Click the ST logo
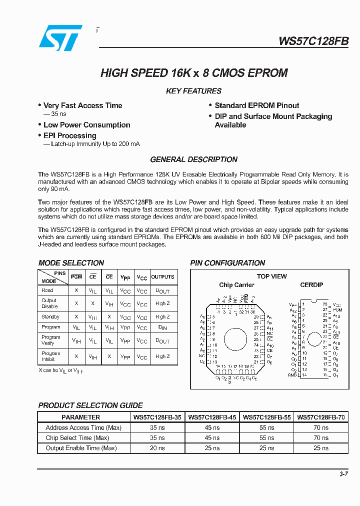point(60,38)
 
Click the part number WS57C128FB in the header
point(313,41)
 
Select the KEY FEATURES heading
point(193,91)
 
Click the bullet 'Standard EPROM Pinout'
point(256,105)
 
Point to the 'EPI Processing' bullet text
point(69,135)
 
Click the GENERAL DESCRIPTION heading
point(193,159)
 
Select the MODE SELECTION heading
point(71,263)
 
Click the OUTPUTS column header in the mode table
point(162,276)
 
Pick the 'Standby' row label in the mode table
point(50,316)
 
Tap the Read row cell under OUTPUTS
point(162,290)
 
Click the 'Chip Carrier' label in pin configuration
point(236,285)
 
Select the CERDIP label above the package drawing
point(311,285)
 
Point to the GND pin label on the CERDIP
point(292,375)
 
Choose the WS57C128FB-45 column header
point(214,417)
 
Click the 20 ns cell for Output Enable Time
point(158,448)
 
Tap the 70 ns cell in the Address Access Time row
point(320,427)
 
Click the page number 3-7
point(343,474)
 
